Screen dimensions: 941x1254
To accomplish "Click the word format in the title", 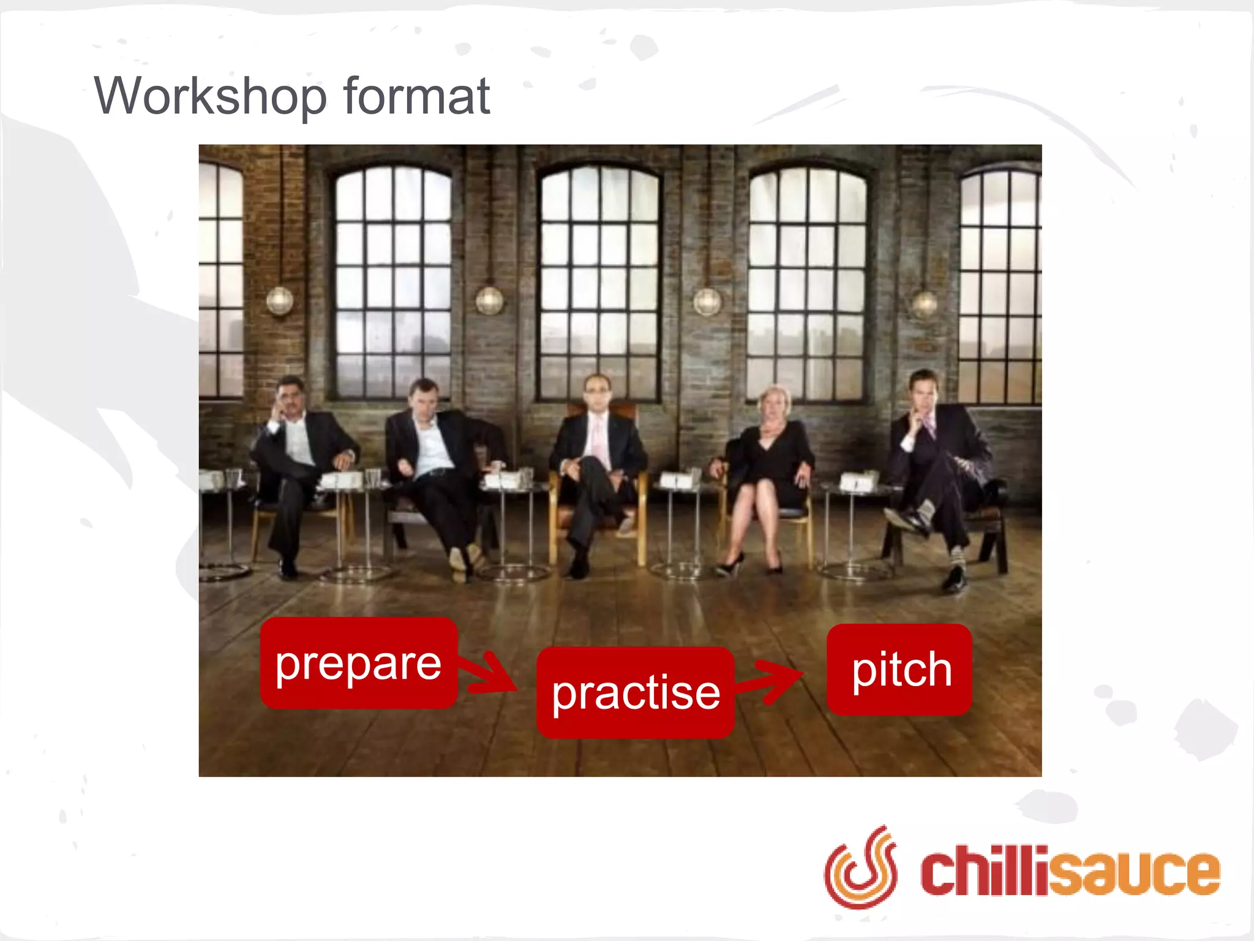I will pos(416,97).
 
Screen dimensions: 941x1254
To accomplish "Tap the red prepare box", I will pos(359,663).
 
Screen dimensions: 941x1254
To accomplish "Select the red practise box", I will pos(636,693).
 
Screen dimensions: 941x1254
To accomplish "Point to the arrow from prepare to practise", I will pos(489,674).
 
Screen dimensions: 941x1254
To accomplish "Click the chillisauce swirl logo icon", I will pos(860,867).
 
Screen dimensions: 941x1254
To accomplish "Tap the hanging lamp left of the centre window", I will pos(489,300).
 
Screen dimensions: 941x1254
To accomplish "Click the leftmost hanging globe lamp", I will pos(280,300).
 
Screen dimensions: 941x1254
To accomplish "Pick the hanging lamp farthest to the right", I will pos(925,303).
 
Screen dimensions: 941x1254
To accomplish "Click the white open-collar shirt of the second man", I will pos(431,448).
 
